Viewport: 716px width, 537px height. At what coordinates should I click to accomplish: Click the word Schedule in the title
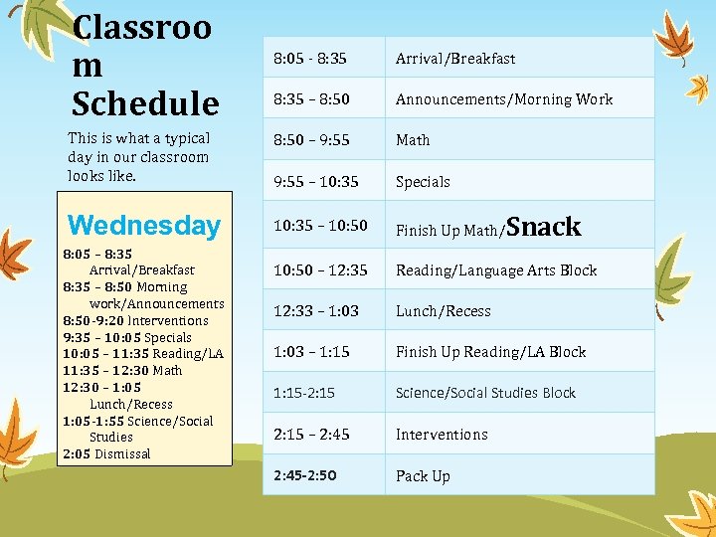click(145, 102)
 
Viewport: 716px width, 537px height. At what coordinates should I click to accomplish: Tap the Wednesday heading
click(143, 225)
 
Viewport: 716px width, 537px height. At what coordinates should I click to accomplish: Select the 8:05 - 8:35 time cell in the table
click(311, 58)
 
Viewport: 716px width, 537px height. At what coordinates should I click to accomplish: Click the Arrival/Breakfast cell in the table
click(455, 58)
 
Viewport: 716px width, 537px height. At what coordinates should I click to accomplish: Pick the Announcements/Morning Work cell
click(504, 98)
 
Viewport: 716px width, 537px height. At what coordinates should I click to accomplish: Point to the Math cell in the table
click(413, 140)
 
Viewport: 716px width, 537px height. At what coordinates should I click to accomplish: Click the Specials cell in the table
click(423, 182)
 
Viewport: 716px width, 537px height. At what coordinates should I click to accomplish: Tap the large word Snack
click(545, 227)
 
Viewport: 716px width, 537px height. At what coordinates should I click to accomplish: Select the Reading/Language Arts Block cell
click(496, 269)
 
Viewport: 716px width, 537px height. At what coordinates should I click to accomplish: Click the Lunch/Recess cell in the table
click(444, 311)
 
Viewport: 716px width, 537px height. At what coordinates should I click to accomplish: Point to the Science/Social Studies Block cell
click(485, 393)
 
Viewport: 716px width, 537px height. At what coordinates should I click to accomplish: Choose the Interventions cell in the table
click(442, 435)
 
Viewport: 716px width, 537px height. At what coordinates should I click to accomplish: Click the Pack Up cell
click(423, 475)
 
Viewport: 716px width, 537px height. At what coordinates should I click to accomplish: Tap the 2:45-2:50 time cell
click(304, 475)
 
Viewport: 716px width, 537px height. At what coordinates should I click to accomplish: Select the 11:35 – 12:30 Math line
click(122, 370)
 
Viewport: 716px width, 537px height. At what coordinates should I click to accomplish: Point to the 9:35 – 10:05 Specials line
click(127, 336)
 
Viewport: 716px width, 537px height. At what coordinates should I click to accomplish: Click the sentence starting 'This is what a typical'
click(138, 157)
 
